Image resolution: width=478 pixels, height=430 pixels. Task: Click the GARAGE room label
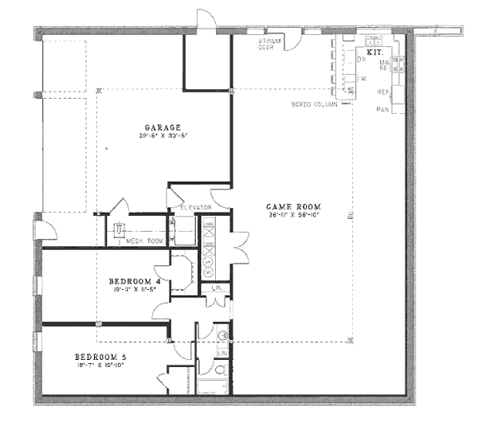163,127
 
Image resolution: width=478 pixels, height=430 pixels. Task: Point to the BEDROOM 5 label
100,356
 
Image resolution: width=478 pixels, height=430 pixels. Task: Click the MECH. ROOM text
144,240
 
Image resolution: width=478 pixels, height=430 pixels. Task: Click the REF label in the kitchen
382,92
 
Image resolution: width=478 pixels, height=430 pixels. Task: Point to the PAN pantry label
383,108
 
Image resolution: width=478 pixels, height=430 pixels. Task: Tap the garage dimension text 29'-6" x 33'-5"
163,136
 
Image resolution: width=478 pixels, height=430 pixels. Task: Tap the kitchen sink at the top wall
372,41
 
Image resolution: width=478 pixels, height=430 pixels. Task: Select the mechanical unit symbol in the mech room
119,230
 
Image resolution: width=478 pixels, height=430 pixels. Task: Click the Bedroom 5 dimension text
100,365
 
